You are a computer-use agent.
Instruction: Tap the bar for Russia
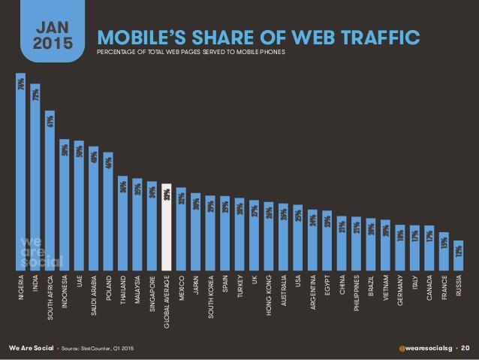coord(458,255)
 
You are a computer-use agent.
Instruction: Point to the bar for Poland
coord(108,210)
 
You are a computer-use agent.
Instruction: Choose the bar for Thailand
coord(123,222)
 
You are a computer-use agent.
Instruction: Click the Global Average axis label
coord(167,301)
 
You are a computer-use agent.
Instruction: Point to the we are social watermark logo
coord(41,253)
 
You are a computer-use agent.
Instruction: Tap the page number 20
coord(465,348)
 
